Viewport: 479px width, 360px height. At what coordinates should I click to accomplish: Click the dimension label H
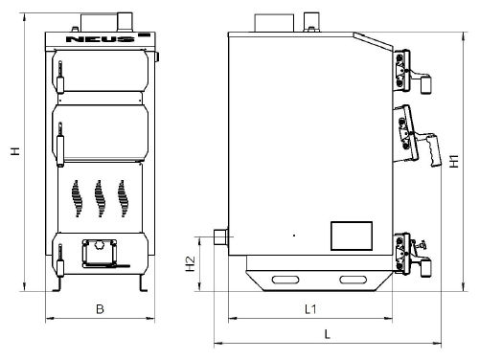coord(15,151)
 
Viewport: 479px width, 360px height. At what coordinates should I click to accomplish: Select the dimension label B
coord(100,309)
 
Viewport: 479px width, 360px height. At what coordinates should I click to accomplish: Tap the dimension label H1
coord(454,161)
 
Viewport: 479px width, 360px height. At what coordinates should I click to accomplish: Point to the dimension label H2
coord(191,263)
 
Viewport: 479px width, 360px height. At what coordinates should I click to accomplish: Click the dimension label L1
coord(310,309)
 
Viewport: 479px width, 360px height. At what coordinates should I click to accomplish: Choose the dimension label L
coord(327,334)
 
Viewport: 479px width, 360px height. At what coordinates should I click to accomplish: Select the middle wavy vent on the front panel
coord(99,198)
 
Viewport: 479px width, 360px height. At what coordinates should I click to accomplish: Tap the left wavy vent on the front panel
coord(77,198)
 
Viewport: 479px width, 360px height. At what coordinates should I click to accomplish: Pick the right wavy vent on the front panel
coord(123,198)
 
